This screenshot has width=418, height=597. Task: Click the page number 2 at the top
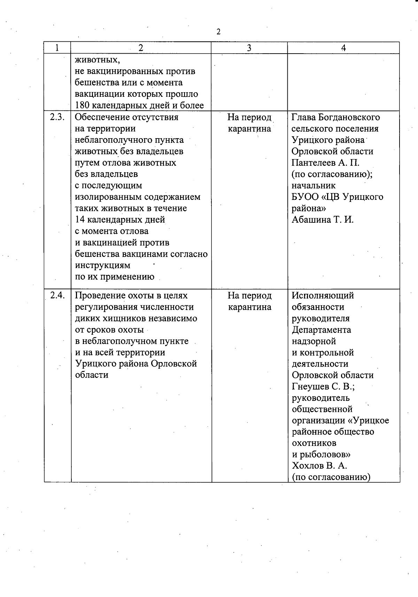click(218, 32)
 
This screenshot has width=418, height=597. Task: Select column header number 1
click(57, 48)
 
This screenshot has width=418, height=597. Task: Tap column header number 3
click(249, 48)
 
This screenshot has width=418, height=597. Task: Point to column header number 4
click(343, 48)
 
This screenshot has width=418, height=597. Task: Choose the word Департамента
click(322, 330)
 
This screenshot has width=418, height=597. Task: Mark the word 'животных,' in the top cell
click(98, 60)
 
